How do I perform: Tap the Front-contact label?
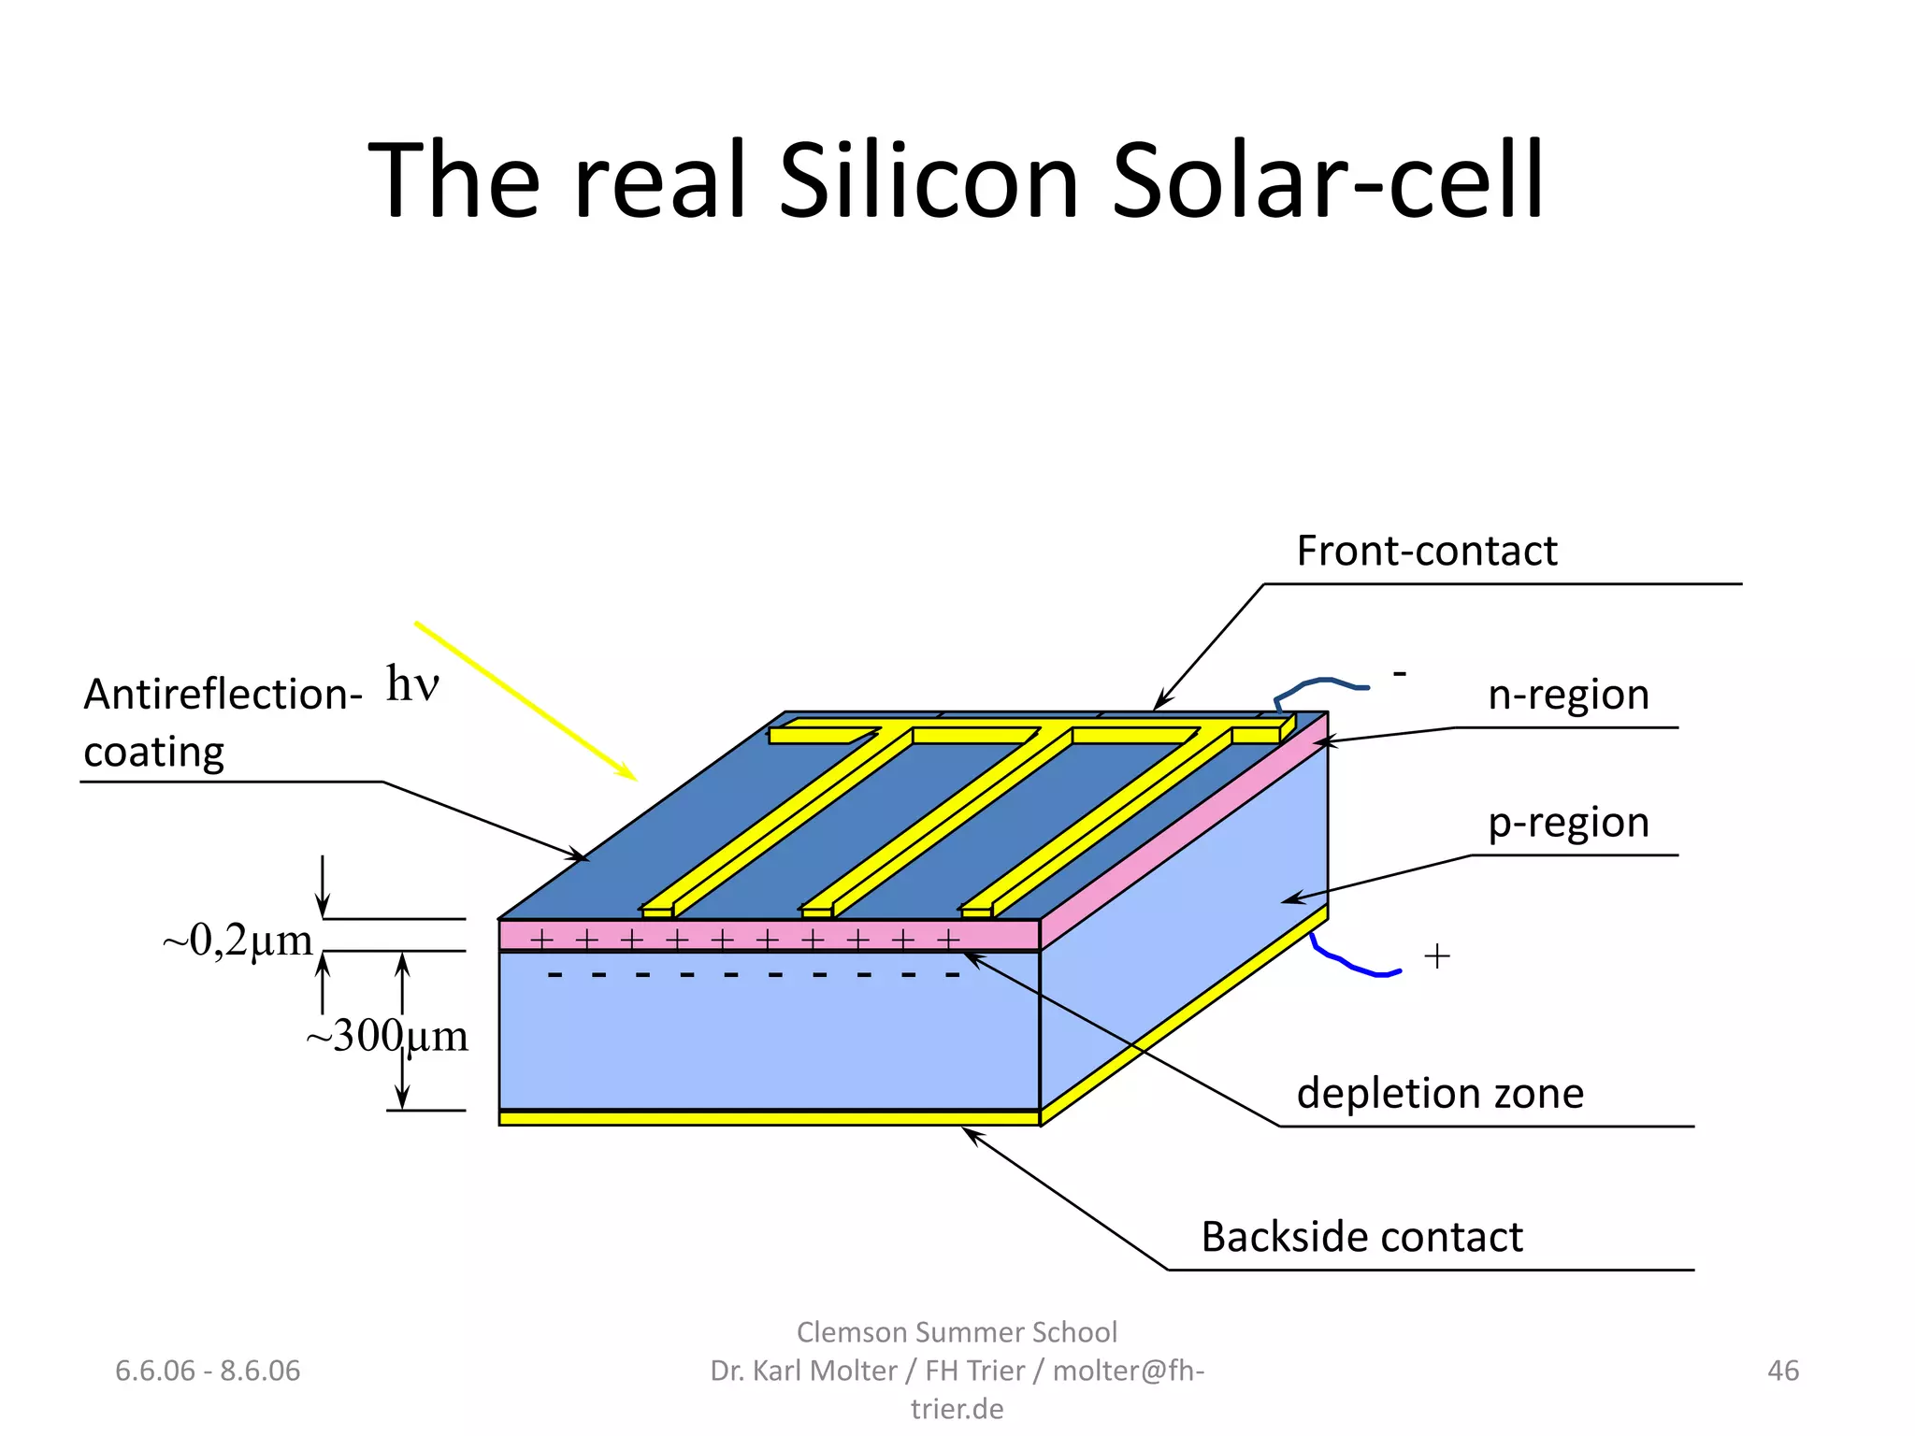point(1426,551)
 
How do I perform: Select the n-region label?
point(1568,695)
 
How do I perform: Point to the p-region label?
point(1568,823)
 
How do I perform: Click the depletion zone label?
point(1440,1093)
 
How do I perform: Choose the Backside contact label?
point(1361,1237)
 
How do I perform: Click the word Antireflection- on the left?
point(223,695)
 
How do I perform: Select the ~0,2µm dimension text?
point(238,940)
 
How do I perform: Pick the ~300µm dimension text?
point(386,1036)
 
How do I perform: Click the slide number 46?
point(1782,1371)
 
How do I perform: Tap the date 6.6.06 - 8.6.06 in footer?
point(208,1371)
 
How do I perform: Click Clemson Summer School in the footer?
point(957,1331)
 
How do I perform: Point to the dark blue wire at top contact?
point(1318,683)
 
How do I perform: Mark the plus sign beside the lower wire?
point(1436,955)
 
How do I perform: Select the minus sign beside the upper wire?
point(1400,672)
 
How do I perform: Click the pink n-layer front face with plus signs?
point(769,936)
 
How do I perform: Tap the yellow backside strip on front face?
point(769,1118)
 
